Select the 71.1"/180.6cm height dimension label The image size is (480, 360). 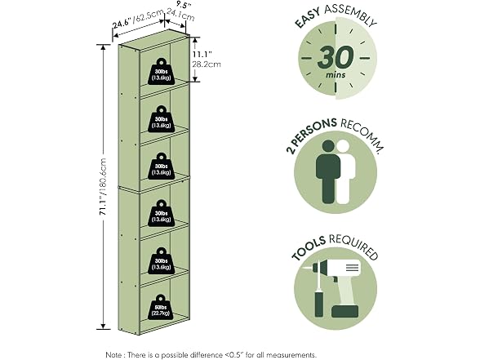coord(103,187)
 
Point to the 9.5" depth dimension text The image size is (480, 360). coord(184,5)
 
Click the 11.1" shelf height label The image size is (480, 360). coord(202,55)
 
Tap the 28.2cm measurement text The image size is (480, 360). coord(207,64)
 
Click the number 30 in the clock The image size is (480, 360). coord(336,57)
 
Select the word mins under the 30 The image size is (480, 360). coord(336,75)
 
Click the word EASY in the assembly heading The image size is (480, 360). coord(307,18)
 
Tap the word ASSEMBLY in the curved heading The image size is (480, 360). coord(350,15)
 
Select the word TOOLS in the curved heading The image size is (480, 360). coord(308,248)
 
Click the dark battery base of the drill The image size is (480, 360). coord(344,311)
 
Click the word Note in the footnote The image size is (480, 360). coord(114,355)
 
